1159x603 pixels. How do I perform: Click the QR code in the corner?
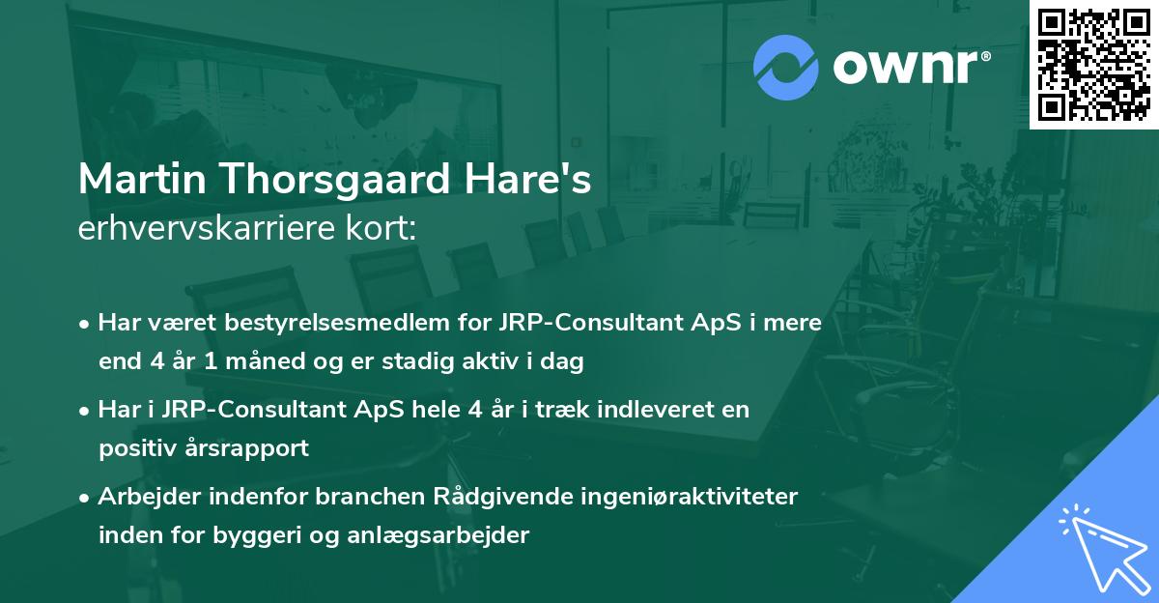pyautogui.click(x=1094, y=64)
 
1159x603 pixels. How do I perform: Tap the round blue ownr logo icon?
pyautogui.click(x=786, y=68)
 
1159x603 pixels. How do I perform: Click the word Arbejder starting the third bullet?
pyautogui.click(x=146, y=497)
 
